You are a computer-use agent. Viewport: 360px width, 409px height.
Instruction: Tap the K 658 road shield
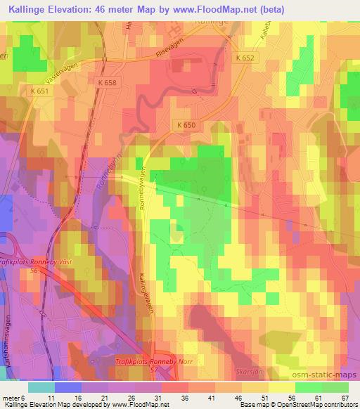point(107,83)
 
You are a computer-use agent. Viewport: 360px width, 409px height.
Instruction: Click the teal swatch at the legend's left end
point(41,387)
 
